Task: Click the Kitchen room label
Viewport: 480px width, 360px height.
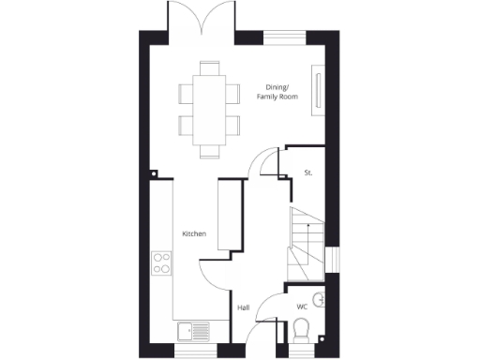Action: tap(194, 232)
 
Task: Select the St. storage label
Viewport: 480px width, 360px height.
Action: tap(307, 172)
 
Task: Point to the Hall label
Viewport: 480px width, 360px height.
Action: tap(243, 307)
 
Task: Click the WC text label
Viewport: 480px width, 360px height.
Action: tap(302, 307)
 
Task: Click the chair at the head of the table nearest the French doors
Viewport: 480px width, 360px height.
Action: tap(208, 67)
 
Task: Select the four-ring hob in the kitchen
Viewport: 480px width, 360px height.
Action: tap(161, 262)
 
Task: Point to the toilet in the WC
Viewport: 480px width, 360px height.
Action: tap(302, 331)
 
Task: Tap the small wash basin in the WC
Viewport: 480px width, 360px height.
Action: tap(321, 300)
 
